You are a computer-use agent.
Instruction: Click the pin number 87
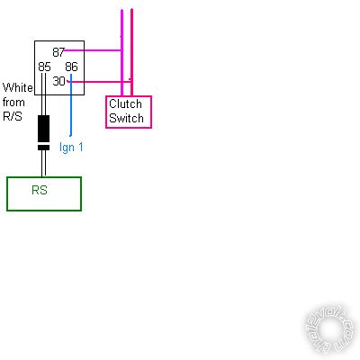click(58, 52)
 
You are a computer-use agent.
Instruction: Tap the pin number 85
click(44, 67)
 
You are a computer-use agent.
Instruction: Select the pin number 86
click(71, 67)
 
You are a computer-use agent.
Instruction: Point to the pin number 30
click(58, 81)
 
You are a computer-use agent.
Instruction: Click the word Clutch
click(125, 103)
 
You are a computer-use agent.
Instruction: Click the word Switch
click(126, 118)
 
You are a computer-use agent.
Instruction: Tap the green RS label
click(40, 190)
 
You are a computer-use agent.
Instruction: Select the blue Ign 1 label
click(71, 148)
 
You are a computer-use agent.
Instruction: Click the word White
click(18, 87)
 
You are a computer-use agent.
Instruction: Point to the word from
click(13, 103)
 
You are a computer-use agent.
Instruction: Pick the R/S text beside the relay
click(13, 116)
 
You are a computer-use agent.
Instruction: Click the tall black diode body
click(44, 129)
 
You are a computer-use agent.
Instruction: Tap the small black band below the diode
click(44, 148)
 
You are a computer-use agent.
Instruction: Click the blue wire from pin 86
click(71, 105)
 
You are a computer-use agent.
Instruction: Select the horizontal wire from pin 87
click(93, 50)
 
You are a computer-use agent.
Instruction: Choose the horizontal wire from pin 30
click(99, 81)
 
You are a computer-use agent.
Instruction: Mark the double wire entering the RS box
click(44, 164)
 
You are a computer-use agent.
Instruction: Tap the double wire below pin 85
click(44, 94)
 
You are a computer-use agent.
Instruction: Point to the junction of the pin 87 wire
click(121, 50)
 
